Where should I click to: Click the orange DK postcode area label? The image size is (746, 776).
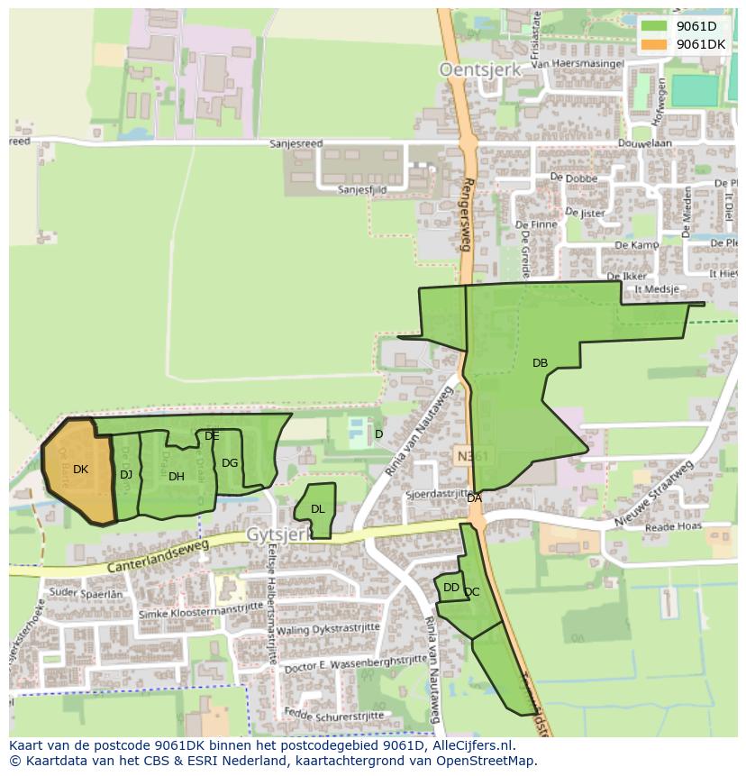[80, 470]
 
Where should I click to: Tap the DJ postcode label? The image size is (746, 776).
[126, 475]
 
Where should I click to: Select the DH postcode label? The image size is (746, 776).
[177, 477]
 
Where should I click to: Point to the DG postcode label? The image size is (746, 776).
[230, 463]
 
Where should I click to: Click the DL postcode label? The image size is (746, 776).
[317, 509]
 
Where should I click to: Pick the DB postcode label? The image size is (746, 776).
[540, 363]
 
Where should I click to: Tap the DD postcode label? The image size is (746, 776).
[451, 588]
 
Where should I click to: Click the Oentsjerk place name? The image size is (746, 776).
[474, 68]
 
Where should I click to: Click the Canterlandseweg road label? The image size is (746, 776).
[158, 556]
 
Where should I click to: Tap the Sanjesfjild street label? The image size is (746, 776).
[362, 190]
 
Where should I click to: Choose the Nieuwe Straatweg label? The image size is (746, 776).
[654, 495]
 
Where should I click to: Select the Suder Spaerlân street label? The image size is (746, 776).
[86, 594]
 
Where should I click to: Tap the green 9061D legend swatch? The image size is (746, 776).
[654, 25]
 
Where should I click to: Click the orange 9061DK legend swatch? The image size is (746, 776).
[654, 43]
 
